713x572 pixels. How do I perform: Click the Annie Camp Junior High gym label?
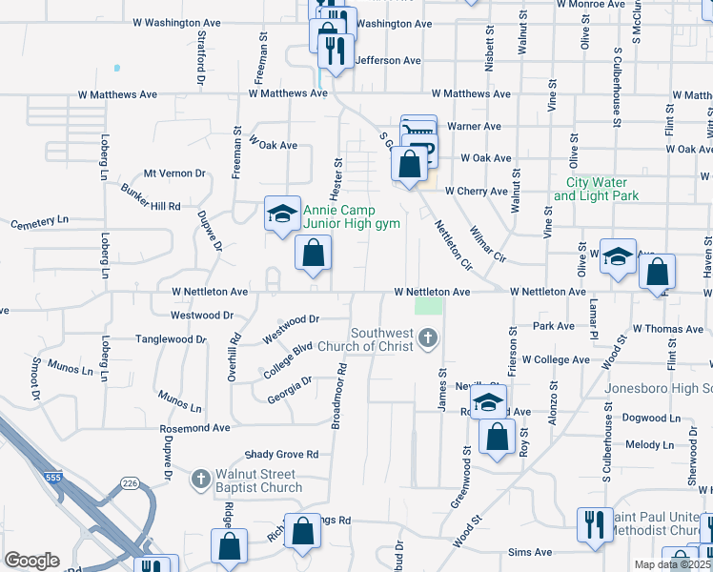(339, 216)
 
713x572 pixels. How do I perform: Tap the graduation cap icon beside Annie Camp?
(282, 214)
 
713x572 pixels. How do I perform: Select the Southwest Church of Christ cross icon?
(429, 337)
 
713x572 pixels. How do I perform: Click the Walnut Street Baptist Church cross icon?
(200, 477)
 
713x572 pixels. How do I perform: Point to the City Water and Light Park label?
(596, 189)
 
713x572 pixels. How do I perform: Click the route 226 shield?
(130, 484)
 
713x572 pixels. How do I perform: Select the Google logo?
(31, 560)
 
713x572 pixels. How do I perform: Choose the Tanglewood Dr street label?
(171, 338)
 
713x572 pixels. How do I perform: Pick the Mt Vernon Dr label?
(174, 174)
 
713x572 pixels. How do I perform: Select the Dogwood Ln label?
(647, 418)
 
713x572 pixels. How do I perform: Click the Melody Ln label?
(649, 444)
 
